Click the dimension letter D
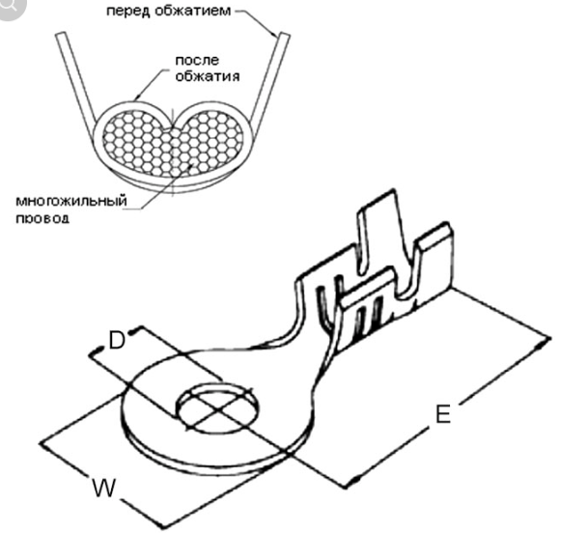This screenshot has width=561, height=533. point(117,340)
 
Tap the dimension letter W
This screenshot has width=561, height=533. point(104,488)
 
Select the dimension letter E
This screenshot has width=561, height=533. point(443,414)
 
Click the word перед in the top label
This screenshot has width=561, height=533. point(128,11)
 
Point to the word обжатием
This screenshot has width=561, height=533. point(193,10)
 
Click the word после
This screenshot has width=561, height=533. point(197,60)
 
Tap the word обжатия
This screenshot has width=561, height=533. point(208,76)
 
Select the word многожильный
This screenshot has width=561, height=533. point(71,201)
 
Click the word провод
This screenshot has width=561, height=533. point(42,218)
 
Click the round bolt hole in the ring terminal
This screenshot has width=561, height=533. point(218,407)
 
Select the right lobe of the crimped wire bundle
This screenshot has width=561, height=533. point(210,143)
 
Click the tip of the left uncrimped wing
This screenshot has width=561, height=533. point(60,34)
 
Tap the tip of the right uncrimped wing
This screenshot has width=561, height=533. point(285,35)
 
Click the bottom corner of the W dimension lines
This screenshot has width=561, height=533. point(163,527)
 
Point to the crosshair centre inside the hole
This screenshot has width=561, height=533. point(218,408)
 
